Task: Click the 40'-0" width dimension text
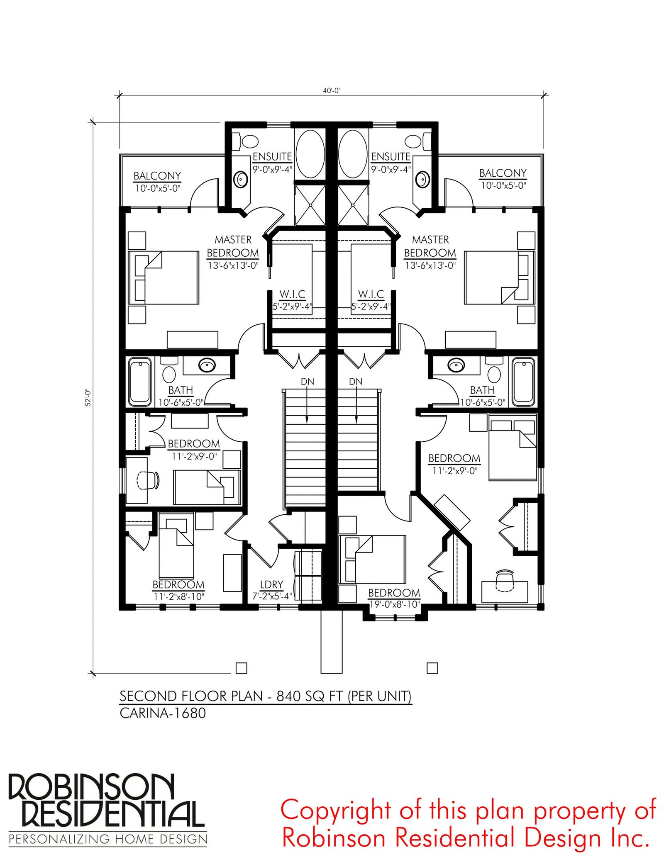332,91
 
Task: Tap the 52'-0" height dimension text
88,397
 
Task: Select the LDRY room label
271,584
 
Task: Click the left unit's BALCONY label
157,176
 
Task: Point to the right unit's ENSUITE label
391,156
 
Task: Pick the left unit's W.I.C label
292,294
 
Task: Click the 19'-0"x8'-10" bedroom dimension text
395,604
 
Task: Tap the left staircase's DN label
308,381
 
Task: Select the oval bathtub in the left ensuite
310,154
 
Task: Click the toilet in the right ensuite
417,141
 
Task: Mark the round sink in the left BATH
207,365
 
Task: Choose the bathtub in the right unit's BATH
523,382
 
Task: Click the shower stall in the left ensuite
310,205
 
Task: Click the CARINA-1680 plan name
163,713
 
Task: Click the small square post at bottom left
241,668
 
